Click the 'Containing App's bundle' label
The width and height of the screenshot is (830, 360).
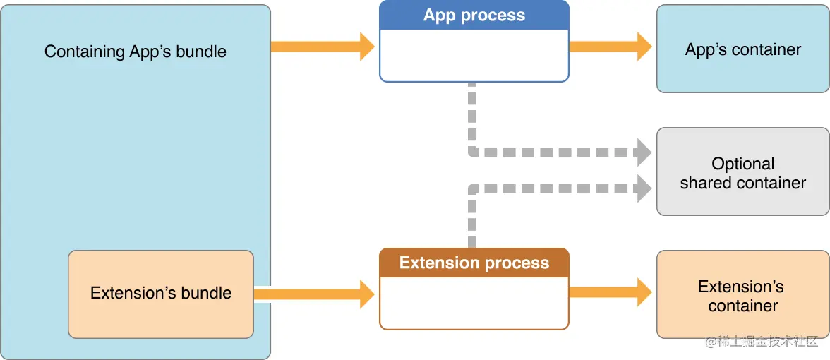pyautogui.click(x=136, y=52)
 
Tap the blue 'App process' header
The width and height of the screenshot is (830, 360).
pyautogui.click(x=474, y=16)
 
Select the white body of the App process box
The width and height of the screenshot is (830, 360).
pyautogui.click(x=474, y=56)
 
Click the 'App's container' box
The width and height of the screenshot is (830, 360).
pyautogui.click(x=742, y=49)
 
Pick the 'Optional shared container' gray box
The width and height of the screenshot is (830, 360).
pyautogui.click(x=742, y=172)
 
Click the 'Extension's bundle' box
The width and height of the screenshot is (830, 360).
pyautogui.click(x=161, y=293)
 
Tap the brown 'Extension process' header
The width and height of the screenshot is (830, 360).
pyautogui.click(x=474, y=263)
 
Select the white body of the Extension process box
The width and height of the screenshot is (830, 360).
pyautogui.click(x=474, y=303)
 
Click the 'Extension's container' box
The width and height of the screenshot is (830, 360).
pyautogui.click(x=742, y=296)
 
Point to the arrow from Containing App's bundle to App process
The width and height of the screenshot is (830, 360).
pyautogui.click(x=322, y=47)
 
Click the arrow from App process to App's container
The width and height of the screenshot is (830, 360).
pyautogui.click(x=610, y=47)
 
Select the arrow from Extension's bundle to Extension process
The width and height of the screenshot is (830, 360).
pyautogui.click(x=314, y=294)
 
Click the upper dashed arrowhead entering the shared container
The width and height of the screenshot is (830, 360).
pyautogui.click(x=643, y=152)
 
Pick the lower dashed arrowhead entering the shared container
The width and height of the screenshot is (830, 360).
pyautogui.click(x=643, y=188)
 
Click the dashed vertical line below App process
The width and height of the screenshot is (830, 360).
pyautogui.click(x=472, y=116)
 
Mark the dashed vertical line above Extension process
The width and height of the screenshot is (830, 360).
pyautogui.click(x=472, y=219)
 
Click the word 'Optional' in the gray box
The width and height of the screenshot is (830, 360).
pyautogui.click(x=742, y=164)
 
